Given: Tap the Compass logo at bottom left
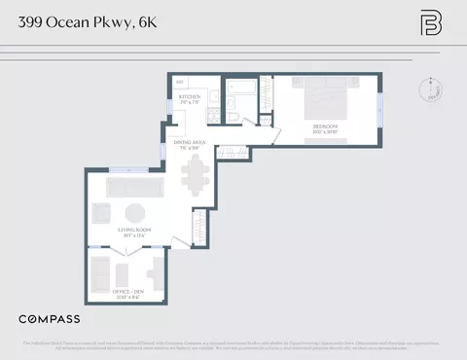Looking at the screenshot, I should coord(50,319).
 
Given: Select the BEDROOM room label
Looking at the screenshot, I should coord(326,127).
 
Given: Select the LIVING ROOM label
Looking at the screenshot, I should coord(134,232).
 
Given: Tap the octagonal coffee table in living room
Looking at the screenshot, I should coord(135,212).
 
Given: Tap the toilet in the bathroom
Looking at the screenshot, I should coord(235,119).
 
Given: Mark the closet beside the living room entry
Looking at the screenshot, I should coord(199,230).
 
